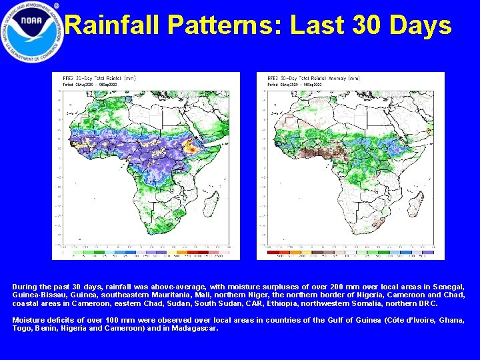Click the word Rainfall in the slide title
click(113, 26)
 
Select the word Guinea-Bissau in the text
click(33, 295)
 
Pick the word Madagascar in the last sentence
click(194, 328)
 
